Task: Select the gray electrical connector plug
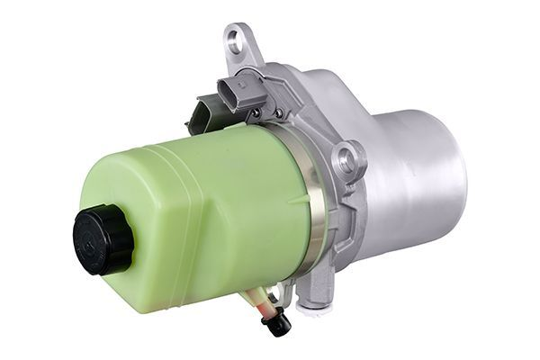tap(240, 91)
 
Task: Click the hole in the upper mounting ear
tap(235, 40)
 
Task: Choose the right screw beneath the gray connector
tap(278, 112)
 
